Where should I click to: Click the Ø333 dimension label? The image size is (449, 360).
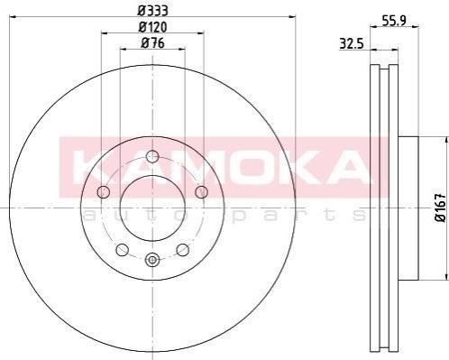pyautogui.click(x=152, y=11)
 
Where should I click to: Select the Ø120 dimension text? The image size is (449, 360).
pyautogui.click(x=152, y=27)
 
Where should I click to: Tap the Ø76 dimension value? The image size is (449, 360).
pyautogui.click(x=153, y=43)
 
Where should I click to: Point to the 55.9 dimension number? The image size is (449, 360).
pyautogui.click(x=394, y=21)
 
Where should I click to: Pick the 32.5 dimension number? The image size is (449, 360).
pyautogui.click(x=352, y=44)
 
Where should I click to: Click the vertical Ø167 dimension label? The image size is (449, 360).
pyautogui.click(x=441, y=208)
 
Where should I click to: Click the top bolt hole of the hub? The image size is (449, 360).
pyautogui.click(x=152, y=156)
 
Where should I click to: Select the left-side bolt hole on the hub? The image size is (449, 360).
pyautogui.click(x=104, y=192)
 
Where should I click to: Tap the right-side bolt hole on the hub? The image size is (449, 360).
pyautogui.click(x=201, y=192)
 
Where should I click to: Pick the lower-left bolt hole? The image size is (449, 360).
pyautogui.click(x=123, y=250)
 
